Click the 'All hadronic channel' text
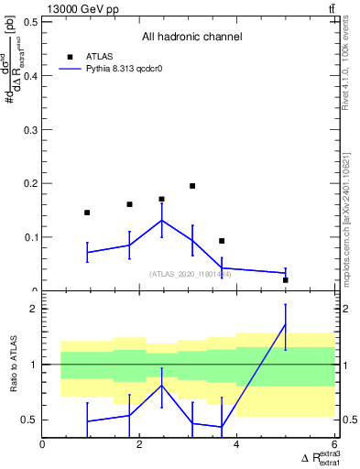pyautogui.click(x=191, y=37)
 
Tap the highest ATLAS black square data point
pyautogui.click(x=192, y=186)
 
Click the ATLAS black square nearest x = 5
pyautogui.click(x=286, y=280)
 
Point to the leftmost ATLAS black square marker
pyautogui.click(x=87, y=213)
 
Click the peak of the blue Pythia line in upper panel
pyautogui.click(x=162, y=220)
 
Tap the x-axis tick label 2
pyautogui.click(x=140, y=445)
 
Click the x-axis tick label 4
pyautogui.click(x=237, y=445)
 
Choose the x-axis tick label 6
pyautogui.click(x=333, y=445)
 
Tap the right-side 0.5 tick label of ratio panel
pyautogui.click(x=349, y=420)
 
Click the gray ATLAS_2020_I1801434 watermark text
pyautogui.click(x=191, y=274)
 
